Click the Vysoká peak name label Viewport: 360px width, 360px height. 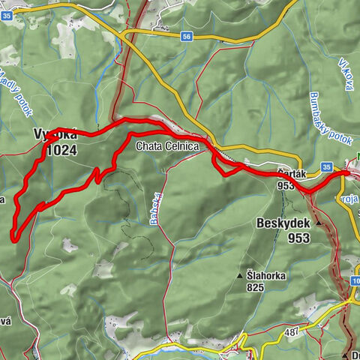(x=55, y=135)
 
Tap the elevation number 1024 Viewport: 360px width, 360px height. (x=61, y=149)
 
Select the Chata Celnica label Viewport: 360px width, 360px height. (x=166, y=148)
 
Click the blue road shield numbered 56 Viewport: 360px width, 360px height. (x=187, y=35)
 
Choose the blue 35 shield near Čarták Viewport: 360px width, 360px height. (x=325, y=166)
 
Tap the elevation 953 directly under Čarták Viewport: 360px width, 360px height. (x=285, y=184)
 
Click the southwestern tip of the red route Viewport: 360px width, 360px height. (x=13, y=238)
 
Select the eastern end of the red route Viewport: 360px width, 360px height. (x=349, y=172)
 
